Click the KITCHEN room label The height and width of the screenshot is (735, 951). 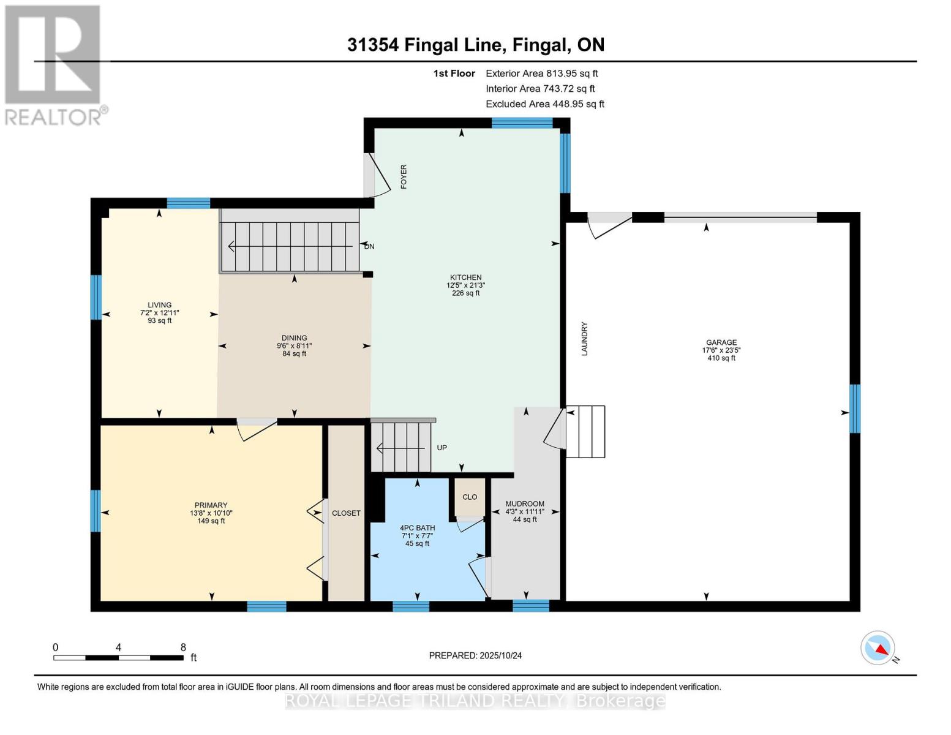465,277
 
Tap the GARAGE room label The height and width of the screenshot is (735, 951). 721,342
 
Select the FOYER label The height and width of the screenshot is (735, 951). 404,176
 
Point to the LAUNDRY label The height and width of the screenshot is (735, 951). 584,339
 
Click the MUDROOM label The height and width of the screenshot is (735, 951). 525,504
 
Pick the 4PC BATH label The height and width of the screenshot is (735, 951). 418,528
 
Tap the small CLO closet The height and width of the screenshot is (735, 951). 470,497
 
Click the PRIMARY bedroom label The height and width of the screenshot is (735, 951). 211,505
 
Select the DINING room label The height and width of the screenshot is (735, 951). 294,338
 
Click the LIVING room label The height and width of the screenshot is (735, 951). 159,305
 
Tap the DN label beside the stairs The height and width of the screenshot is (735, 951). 369,246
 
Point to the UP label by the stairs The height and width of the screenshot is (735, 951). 442,448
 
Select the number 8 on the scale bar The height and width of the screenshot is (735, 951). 183,647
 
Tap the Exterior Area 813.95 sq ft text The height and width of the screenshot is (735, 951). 542,73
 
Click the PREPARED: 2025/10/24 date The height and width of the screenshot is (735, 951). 475,655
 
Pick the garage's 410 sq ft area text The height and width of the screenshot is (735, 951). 721,358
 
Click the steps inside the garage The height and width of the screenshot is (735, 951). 585,432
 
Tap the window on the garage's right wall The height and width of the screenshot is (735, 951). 855,409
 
